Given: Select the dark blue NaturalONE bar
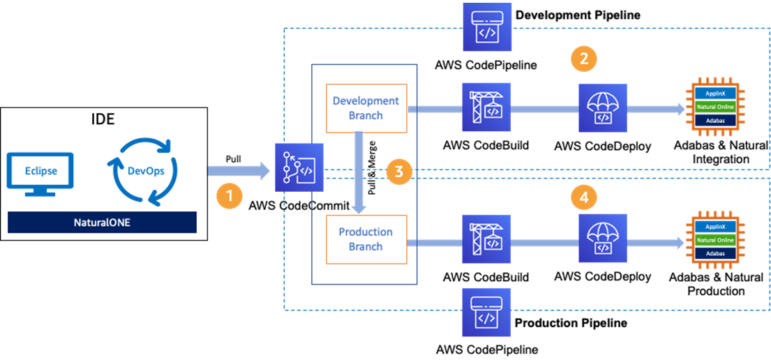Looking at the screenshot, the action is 103,223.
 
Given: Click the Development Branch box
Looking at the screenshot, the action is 367,107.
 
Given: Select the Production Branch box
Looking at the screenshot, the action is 367,239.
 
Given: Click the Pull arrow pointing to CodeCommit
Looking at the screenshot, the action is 239,171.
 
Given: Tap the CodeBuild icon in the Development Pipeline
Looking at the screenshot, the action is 486,107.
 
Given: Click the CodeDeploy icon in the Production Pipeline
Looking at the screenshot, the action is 603,239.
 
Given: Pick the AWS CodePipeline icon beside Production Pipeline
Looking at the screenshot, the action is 486,313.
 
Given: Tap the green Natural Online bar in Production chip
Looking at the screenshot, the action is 714,239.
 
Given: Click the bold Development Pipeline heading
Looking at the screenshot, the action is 578,15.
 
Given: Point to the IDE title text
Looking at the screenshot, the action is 103,119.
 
